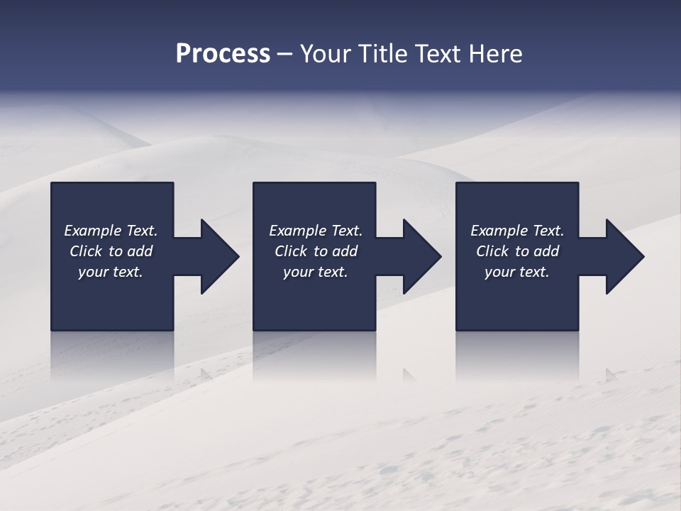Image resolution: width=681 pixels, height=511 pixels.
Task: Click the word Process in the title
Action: tap(223, 54)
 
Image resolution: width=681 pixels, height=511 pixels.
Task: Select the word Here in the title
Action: tap(497, 54)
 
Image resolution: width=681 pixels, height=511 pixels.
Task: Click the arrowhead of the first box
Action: tap(218, 256)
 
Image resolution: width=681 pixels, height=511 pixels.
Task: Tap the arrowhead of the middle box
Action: tap(421, 256)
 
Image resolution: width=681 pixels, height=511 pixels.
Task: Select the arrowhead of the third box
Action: tap(624, 256)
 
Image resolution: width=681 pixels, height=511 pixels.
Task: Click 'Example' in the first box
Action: tap(92, 231)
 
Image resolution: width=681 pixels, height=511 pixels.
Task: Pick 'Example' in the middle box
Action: tap(297, 231)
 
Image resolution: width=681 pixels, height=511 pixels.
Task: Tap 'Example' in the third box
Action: tap(499, 231)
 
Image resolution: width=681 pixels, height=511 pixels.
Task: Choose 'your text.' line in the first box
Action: tap(111, 272)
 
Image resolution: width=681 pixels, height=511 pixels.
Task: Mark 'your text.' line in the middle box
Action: tap(315, 272)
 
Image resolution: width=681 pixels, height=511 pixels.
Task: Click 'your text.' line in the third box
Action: tap(516, 272)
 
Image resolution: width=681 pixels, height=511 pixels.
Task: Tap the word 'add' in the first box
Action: tap(140, 251)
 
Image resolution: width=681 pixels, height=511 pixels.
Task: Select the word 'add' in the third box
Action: tap(546, 251)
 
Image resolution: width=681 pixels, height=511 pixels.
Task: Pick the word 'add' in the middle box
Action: tap(345, 251)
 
